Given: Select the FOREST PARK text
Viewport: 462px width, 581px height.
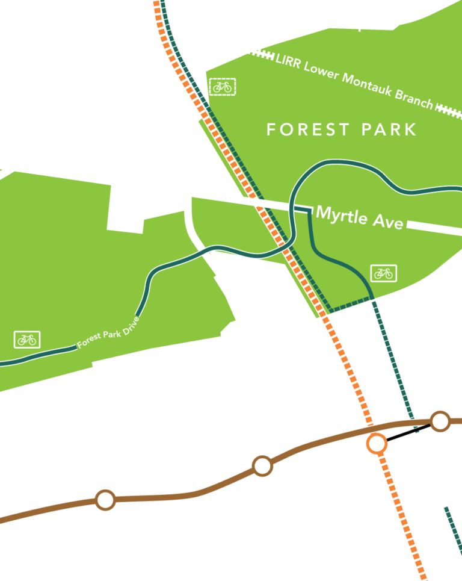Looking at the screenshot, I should (341, 129).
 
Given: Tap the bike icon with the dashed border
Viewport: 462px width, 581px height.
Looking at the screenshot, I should (223, 87).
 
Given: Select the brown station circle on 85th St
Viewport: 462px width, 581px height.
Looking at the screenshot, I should (105, 500).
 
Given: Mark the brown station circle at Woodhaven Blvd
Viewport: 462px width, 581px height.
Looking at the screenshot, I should (262, 465).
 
